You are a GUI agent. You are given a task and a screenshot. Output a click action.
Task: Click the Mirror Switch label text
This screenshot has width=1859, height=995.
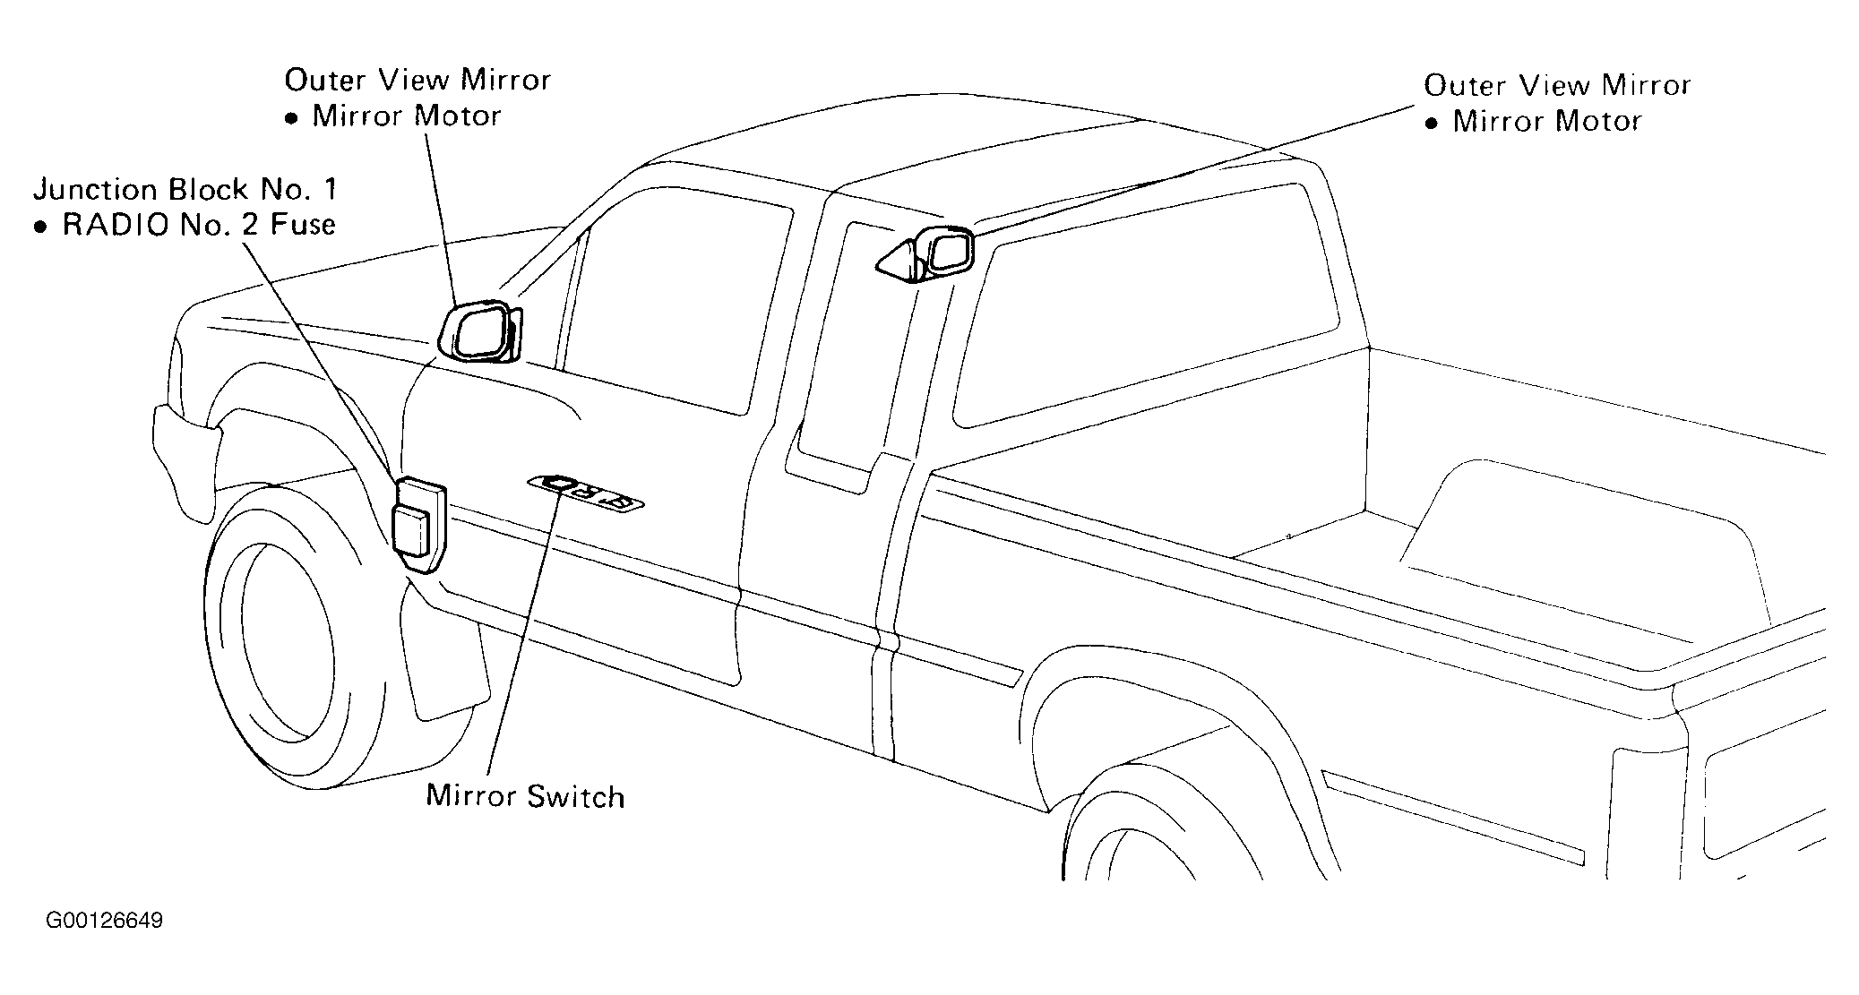point(525,796)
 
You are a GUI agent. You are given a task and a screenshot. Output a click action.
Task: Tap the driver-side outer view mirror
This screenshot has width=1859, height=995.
point(481,332)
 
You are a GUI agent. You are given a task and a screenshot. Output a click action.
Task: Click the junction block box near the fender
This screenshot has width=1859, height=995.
point(418,525)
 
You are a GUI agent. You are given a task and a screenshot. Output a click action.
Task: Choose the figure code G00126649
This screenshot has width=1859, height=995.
point(105,921)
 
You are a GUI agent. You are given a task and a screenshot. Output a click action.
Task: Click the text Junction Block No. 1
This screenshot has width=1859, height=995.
point(185,190)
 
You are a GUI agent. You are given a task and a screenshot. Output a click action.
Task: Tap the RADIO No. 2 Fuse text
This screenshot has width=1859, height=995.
point(185,225)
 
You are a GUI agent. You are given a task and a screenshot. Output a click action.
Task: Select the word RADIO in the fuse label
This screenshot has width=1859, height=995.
point(116,225)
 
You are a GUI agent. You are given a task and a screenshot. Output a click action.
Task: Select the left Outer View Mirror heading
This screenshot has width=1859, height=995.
point(417,81)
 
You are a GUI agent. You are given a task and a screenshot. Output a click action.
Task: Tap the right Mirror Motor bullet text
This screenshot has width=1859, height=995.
point(1534,121)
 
